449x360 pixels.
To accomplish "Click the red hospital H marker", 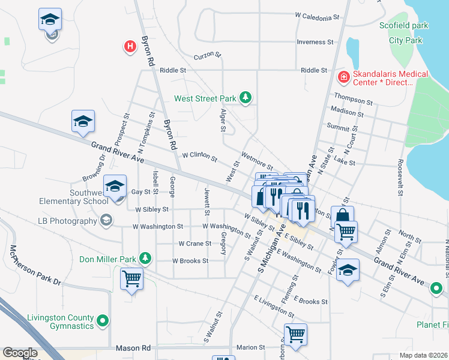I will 129,46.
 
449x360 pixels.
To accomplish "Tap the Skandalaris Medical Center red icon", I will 343,76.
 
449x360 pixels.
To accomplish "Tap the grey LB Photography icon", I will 106,221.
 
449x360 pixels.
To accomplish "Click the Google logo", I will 19,353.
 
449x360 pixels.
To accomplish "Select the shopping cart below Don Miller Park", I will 132,278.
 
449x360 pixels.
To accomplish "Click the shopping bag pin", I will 342,216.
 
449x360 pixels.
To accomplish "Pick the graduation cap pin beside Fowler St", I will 348,269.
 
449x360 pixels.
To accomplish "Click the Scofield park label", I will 404,26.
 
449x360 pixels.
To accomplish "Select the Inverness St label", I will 315,42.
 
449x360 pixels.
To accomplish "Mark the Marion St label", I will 250,347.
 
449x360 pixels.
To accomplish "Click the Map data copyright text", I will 423,355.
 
